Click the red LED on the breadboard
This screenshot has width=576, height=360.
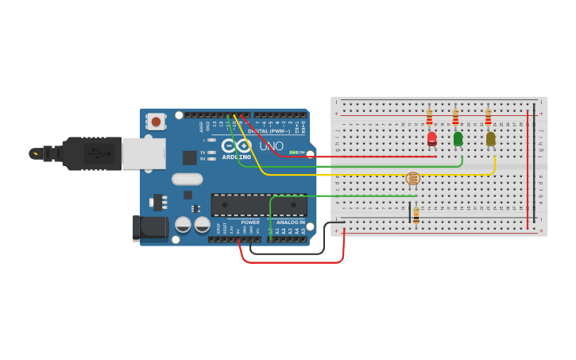point(431,138)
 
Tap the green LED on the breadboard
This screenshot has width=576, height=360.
point(458,138)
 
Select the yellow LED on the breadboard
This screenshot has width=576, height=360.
point(490,138)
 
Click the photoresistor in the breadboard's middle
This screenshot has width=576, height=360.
point(412,179)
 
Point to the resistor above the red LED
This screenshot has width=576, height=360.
point(430,118)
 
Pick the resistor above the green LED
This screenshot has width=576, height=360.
point(455,118)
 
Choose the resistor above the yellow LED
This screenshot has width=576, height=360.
point(488,118)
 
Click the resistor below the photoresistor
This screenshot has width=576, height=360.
point(416,215)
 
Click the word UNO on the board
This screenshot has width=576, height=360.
point(271,146)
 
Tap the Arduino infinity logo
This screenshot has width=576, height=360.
point(236,146)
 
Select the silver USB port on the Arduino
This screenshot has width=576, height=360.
point(144,153)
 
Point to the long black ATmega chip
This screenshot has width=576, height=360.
point(258,205)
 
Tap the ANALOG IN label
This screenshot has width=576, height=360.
point(291,223)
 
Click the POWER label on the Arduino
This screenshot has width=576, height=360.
point(250,223)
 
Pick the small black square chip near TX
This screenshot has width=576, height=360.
point(190,157)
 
